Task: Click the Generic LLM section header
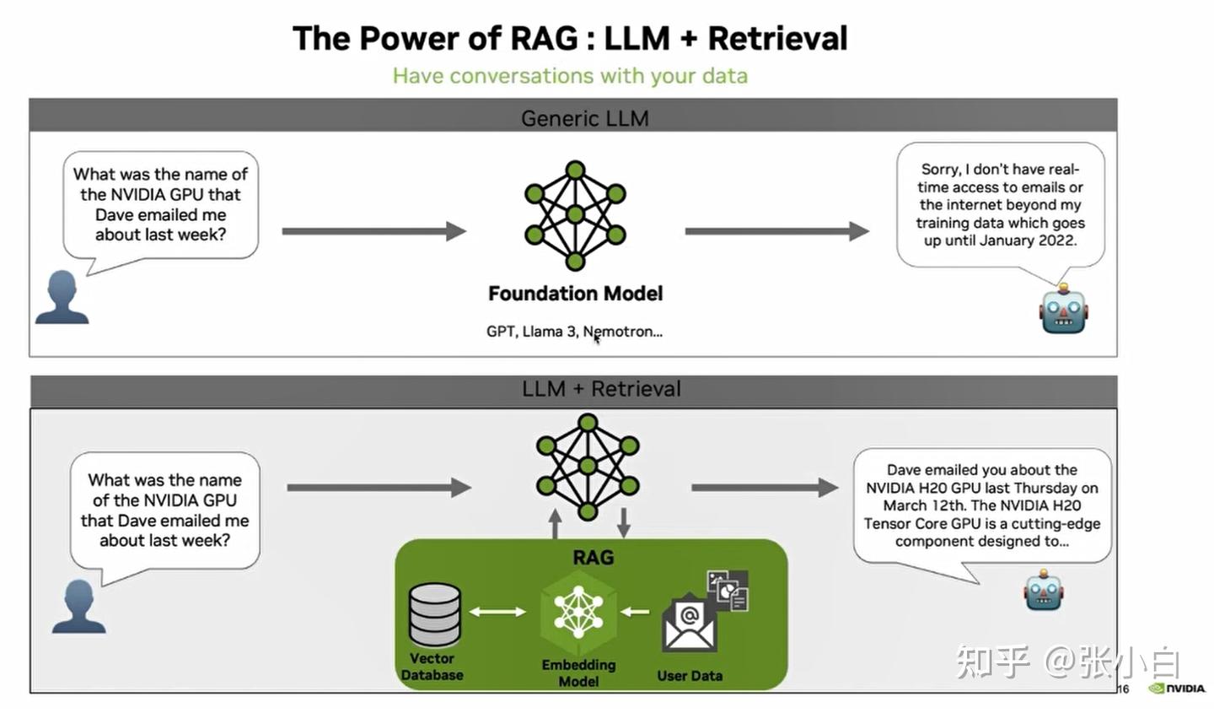point(584,117)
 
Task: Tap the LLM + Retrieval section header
point(600,389)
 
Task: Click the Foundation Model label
point(575,294)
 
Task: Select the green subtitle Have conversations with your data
point(570,76)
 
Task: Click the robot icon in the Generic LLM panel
point(1063,310)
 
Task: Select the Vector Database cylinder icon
point(435,615)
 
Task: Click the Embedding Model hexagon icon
point(578,611)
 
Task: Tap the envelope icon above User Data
point(689,624)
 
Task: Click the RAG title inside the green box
point(593,558)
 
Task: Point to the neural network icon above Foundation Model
point(575,215)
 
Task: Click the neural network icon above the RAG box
point(588,466)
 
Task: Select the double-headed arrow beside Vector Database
point(497,612)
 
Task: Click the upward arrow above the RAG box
point(555,523)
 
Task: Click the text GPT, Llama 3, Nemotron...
point(574,332)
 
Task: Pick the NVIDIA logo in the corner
point(1177,689)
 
